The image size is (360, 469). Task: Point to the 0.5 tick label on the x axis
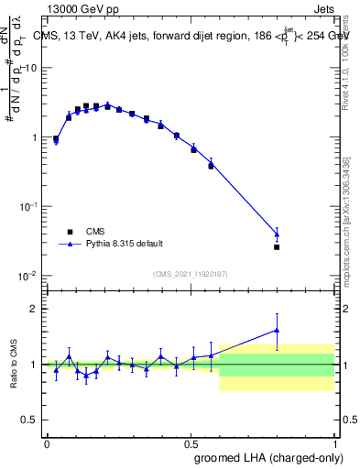[x=191, y=442]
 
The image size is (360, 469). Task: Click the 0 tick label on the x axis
[x=47, y=442]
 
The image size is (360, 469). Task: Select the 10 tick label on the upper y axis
[x=31, y=68]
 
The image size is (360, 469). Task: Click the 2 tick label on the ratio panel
[x=34, y=309]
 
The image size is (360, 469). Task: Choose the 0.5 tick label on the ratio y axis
[x=29, y=420]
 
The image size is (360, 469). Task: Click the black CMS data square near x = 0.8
[x=277, y=247]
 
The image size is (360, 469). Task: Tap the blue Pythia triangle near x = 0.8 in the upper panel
[x=277, y=234]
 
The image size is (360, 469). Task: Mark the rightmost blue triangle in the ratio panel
[x=277, y=330]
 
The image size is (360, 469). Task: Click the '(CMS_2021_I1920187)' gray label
[x=190, y=274]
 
